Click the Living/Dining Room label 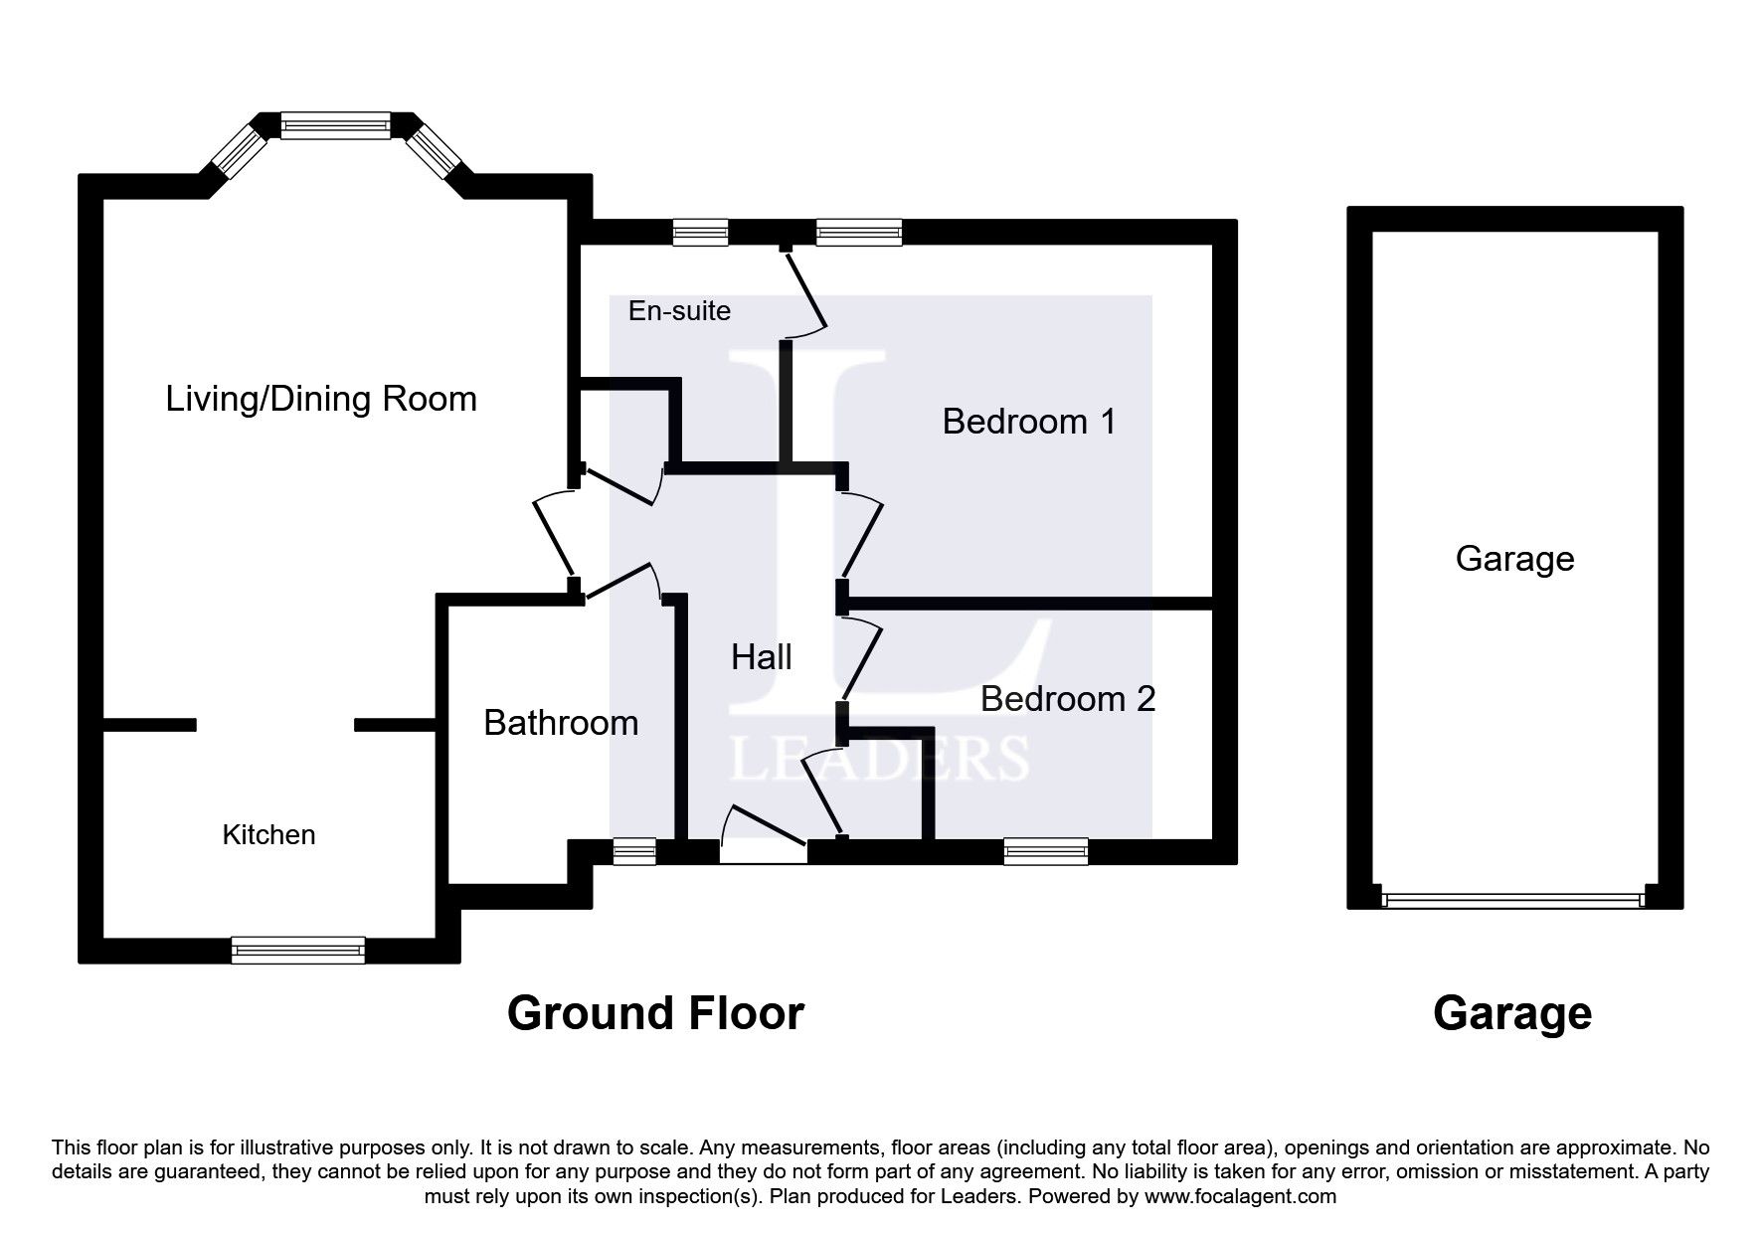(x=321, y=400)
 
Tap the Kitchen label (x=268, y=834)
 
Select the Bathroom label (x=561, y=723)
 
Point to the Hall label (x=762, y=657)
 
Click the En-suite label (x=679, y=311)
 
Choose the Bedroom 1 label (x=1029, y=422)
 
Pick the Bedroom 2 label (x=1068, y=699)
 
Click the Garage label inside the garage (x=1514, y=559)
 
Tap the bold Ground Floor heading (x=655, y=1013)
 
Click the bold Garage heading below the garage (x=1512, y=1014)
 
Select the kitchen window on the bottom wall (x=298, y=950)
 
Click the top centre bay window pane (x=335, y=125)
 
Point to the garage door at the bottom (x=1513, y=900)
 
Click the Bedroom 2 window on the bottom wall (x=1046, y=851)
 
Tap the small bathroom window (x=634, y=851)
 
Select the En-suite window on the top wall (x=700, y=232)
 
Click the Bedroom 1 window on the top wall (x=859, y=232)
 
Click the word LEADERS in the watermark (x=879, y=758)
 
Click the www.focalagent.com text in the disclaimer (x=1240, y=1196)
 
